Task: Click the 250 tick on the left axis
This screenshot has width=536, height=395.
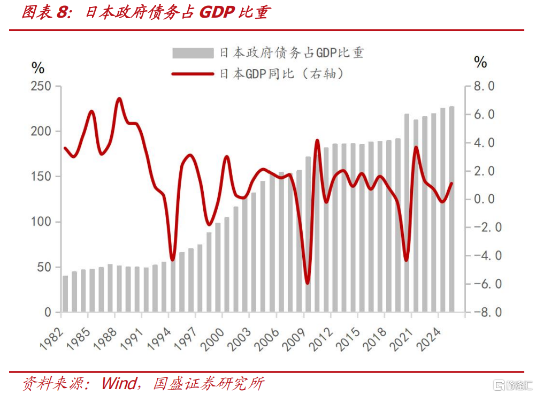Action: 41,86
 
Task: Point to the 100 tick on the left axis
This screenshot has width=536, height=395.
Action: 41,222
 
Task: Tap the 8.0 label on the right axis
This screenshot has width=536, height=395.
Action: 484,86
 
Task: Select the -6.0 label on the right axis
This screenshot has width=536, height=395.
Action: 484,284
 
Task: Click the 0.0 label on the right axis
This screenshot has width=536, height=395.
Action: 484,199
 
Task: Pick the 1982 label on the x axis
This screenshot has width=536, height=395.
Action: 52,339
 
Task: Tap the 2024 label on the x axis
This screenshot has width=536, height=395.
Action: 428,339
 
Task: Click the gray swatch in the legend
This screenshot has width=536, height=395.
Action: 193,53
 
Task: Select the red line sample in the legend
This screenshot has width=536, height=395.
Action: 193,74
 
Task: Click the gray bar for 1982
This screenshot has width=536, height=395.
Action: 65,294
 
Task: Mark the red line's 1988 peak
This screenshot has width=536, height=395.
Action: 119,99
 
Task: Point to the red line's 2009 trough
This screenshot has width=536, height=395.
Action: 307,283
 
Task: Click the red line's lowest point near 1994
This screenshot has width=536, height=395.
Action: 172,259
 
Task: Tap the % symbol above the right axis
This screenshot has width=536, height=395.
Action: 480,62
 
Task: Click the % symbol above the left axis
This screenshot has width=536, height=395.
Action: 38,68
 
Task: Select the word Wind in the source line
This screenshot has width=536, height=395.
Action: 119,383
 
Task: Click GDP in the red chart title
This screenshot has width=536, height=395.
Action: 217,12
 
